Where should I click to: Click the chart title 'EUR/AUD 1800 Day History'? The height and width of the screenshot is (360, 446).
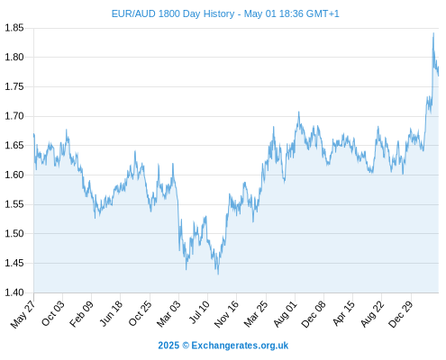point(173,13)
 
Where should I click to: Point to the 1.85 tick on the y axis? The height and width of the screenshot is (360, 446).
point(14,28)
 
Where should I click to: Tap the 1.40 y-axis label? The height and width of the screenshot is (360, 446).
point(14,292)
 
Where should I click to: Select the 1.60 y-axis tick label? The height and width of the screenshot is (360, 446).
point(14,175)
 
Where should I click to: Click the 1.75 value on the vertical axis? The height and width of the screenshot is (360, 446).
point(14,87)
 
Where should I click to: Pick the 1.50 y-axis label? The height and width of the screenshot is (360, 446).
point(14,234)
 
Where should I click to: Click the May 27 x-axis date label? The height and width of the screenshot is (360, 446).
point(23,314)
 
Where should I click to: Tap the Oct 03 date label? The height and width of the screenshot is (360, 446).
point(53,313)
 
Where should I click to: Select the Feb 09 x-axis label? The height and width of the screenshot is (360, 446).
point(81,314)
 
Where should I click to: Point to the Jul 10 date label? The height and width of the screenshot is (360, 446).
point(199,312)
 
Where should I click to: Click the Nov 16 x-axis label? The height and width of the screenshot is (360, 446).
point(226,314)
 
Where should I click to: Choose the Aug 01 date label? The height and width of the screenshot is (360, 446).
point(286,314)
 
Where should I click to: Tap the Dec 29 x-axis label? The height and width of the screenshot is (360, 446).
point(401,314)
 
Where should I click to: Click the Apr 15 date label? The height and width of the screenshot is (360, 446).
point(343,313)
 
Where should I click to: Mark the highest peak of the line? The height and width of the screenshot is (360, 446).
point(433,33)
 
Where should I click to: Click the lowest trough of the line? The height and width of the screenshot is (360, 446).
point(218,274)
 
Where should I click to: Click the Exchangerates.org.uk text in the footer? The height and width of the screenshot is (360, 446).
point(240,346)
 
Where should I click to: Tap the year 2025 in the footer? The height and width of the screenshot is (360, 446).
point(168,346)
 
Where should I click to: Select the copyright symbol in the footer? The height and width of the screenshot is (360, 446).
point(186,346)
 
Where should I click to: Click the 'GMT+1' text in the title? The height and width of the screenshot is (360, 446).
point(323,13)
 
